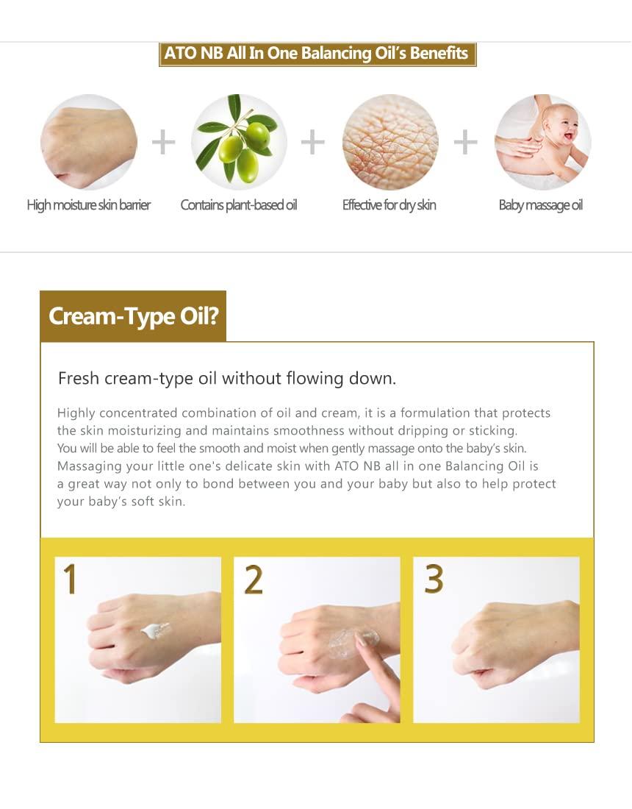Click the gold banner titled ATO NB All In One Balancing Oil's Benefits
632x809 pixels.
tap(317, 54)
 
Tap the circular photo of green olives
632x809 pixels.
tap(239, 142)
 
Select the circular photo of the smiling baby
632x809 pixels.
tap(542, 142)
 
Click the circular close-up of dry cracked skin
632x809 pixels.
tap(390, 142)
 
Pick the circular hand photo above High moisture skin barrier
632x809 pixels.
tap(89, 142)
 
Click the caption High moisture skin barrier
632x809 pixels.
tap(89, 205)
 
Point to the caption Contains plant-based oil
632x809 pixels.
tap(239, 205)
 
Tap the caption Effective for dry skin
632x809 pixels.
tap(389, 205)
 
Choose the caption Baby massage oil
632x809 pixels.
tap(541, 205)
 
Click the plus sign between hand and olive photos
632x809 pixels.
tap(163, 142)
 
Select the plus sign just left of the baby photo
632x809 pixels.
tap(465, 142)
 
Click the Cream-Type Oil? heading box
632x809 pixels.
tap(133, 316)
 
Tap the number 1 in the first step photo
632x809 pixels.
tap(70, 579)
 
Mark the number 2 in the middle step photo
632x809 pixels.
tap(253, 580)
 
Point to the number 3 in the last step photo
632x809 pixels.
tap(434, 579)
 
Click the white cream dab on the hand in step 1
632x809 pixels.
tap(155, 630)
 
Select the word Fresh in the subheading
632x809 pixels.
tap(79, 379)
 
